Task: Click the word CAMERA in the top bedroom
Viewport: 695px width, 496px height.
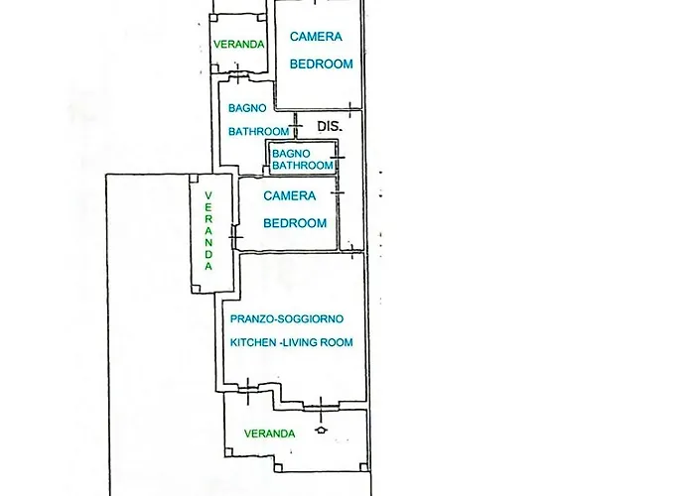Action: click(316, 37)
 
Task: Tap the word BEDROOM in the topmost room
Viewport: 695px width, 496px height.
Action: click(321, 63)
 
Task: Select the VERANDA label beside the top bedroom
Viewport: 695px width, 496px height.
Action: click(239, 44)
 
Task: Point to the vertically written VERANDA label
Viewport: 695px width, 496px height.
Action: click(208, 230)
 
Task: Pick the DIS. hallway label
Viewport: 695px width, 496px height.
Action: click(330, 126)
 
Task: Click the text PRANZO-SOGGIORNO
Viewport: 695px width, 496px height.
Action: click(287, 318)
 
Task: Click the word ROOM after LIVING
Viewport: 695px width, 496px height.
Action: click(339, 342)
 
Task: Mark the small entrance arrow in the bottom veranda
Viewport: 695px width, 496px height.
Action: click(320, 430)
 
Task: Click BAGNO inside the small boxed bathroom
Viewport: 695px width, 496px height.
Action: click(291, 154)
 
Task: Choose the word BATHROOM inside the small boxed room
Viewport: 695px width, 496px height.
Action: click(302, 166)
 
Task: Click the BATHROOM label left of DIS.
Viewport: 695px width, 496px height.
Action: click(258, 131)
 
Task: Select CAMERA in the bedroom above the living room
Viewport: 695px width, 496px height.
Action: click(290, 195)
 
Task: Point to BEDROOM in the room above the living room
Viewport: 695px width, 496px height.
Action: click(295, 223)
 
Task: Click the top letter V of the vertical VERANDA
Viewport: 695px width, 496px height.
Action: click(208, 194)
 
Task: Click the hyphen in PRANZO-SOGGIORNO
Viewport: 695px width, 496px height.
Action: click(276, 318)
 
